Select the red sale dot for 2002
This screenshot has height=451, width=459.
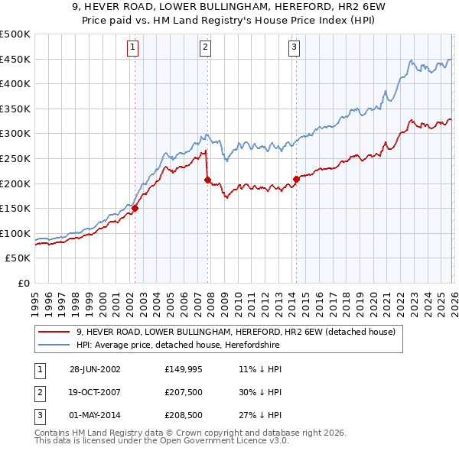click(x=135, y=208)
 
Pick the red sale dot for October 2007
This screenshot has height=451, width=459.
click(x=207, y=180)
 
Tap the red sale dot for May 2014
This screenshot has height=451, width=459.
click(x=296, y=179)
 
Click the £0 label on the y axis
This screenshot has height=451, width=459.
click(x=24, y=283)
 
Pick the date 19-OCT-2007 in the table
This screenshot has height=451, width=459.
click(x=95, y=392)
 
